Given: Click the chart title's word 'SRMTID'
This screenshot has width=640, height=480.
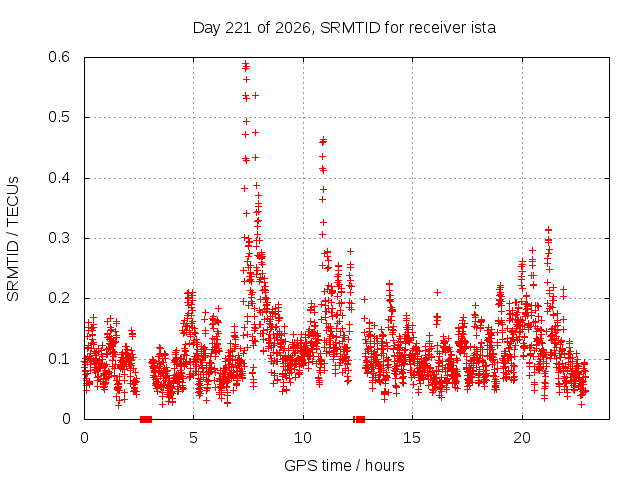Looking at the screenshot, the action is pos(350,28).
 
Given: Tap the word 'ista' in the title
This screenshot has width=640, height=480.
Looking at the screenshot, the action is pos(483,28).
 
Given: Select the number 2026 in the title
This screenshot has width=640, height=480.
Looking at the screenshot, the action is pos(293,28).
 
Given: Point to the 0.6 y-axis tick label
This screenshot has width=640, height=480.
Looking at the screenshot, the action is pos(59,57).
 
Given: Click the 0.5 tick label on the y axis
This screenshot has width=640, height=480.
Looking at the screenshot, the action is pos(59,117).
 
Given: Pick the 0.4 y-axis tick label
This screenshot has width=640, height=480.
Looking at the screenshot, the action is pos(59,178).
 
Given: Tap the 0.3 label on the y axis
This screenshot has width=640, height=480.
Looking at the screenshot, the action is pos(59,238).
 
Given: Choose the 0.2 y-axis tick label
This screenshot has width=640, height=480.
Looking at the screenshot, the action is pos(59,298).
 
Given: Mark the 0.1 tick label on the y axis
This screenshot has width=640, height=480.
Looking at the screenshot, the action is pos(59,359).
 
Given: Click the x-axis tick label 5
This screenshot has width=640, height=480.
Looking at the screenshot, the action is pos(193,438).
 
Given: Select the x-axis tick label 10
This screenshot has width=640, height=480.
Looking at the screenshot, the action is pos(303,438).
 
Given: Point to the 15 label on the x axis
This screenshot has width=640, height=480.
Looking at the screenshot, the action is pos(412,438).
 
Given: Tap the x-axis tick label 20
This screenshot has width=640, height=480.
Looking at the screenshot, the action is pos(522,438).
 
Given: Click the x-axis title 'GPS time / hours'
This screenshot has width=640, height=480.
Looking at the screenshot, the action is pos(344,466).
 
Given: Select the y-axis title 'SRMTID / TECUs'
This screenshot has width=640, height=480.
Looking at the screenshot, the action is pos(13,239).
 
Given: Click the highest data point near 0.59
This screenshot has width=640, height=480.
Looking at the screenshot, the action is pos(246,63).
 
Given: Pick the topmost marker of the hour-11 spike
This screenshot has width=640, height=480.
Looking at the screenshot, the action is pos(323,140).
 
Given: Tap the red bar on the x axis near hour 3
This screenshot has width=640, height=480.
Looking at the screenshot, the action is pos(146,419).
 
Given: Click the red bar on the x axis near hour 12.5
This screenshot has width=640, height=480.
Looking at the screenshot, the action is pos(359,419).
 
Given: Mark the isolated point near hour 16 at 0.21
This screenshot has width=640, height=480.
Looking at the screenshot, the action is pos(437,293).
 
